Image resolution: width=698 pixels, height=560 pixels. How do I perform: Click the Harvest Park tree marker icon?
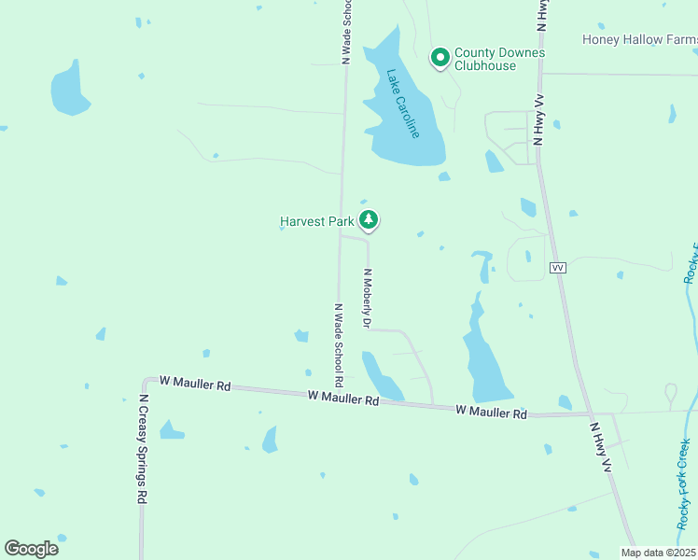coord(370,220)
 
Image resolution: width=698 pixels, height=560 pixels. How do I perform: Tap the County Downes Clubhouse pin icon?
coord(440,58)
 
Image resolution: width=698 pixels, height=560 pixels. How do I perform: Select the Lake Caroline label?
coord(404,104)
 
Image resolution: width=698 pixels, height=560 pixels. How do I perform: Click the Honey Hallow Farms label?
coord(639,39)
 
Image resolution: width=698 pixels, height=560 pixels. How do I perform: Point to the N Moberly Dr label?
coord(368,299)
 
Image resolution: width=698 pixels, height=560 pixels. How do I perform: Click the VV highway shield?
coord(558,268)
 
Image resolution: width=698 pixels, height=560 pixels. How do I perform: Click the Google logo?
coord(31,548)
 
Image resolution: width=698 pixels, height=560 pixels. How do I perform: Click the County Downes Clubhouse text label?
coord(499,59)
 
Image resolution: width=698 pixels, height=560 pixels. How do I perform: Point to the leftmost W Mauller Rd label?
coord(195,383)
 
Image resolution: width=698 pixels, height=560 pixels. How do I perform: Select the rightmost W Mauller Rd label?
coord(492,412)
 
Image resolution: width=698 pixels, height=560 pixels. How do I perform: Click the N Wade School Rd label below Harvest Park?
coord(339,345)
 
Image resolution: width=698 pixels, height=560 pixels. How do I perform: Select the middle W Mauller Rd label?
coord(343,399)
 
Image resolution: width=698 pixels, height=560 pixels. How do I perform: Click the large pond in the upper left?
coord(69,88)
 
